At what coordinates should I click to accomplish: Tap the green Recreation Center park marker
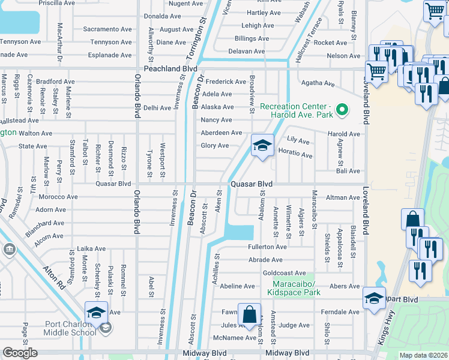[342, 110]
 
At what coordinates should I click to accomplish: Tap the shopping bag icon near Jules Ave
[249, 314]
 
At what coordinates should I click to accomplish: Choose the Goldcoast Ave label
[284, 273]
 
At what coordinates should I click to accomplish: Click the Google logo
[20, 353]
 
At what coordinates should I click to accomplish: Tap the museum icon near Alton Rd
[9, 248]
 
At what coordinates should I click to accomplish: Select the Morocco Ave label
[58, 196]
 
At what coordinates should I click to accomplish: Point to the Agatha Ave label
[318, 83]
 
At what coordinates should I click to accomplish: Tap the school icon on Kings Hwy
[373, 298]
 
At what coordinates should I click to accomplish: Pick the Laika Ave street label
[91, 248]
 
